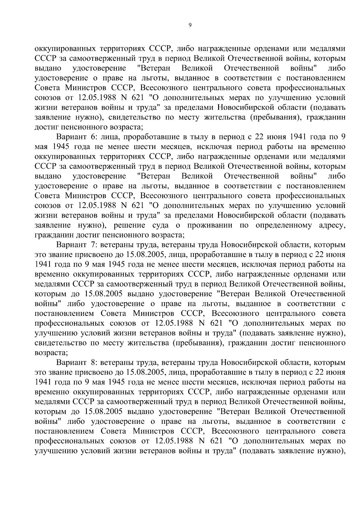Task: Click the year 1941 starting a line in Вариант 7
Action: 44,265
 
